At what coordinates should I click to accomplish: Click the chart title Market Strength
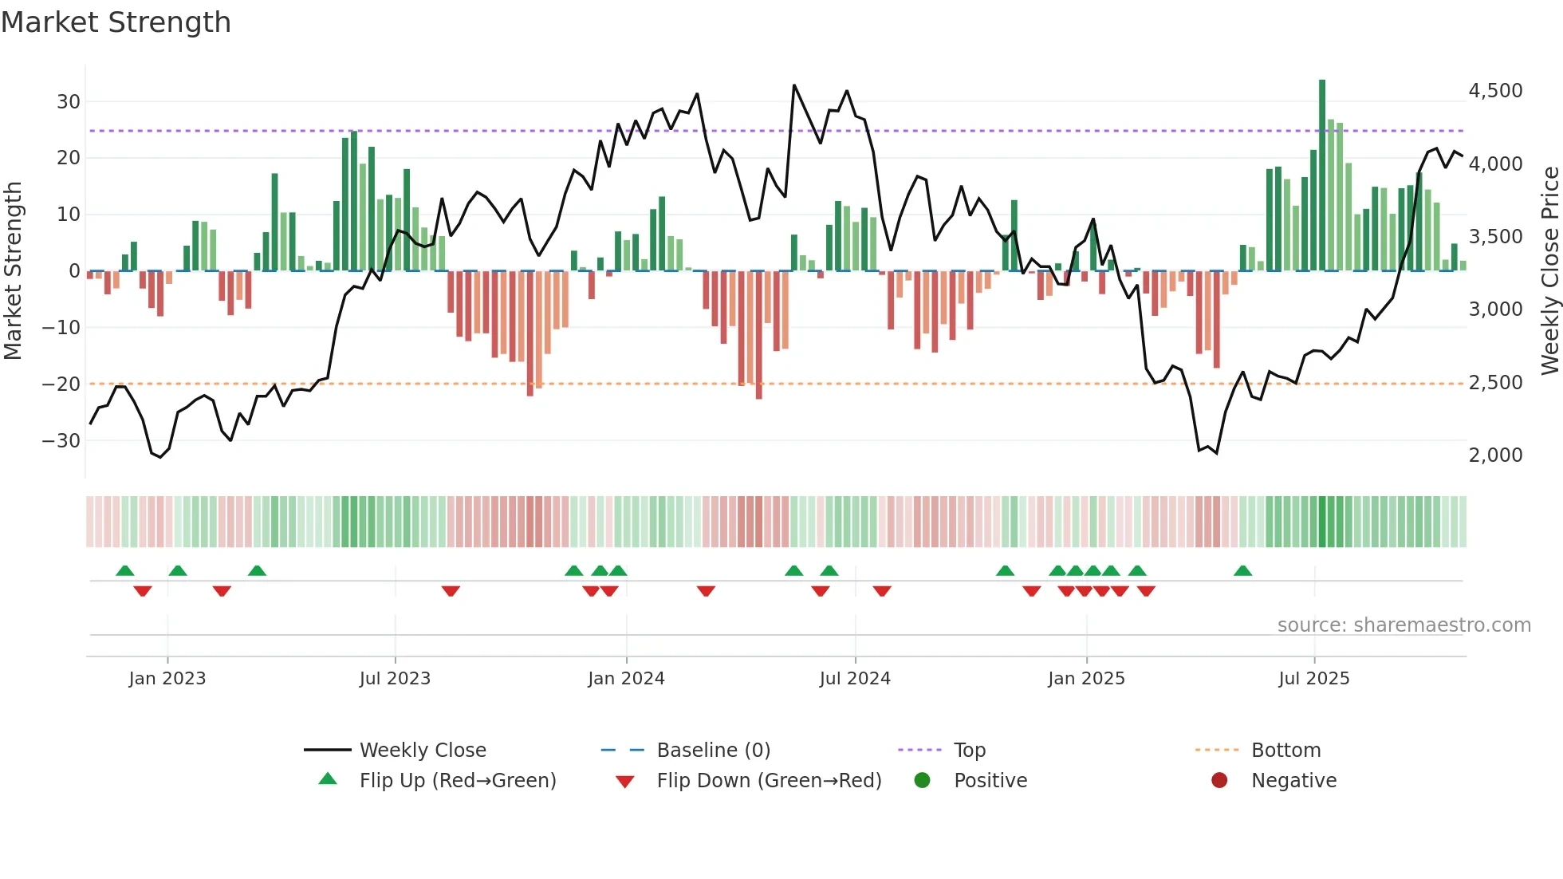pos(116,22)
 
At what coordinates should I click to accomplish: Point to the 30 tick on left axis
pos(69,102)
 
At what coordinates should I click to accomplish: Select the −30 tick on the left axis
pos(62,441)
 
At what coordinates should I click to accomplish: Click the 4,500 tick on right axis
pos(1495,91)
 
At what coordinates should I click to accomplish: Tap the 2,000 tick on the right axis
pos(1495,455)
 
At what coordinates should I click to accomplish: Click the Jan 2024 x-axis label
pos(626,679)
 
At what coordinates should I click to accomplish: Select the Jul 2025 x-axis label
pos(1313,679)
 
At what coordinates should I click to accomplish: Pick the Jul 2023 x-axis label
pos(395,679)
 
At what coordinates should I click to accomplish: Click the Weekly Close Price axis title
pos(1549,271)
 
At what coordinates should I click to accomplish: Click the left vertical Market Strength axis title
pos(14,271)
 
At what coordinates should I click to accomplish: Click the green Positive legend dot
pos(922,781)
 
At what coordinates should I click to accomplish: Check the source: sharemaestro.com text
pos(1404,625)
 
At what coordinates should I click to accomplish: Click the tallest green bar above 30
pos(1322,175)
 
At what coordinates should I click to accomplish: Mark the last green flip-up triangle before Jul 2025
pos(1242,570)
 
